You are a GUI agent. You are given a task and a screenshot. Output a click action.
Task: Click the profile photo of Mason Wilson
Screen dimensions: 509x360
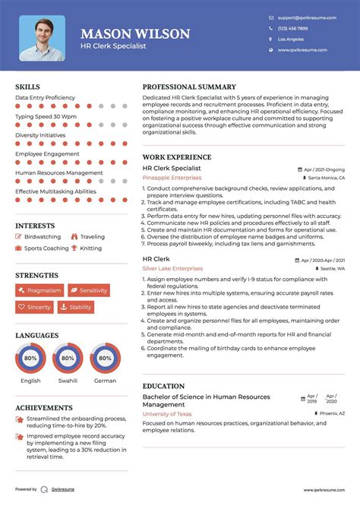coord(42,38)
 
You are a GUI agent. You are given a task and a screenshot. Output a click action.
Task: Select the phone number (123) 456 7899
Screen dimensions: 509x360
coord(293,27)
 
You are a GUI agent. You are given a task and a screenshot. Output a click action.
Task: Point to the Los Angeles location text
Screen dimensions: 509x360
coord(291,39)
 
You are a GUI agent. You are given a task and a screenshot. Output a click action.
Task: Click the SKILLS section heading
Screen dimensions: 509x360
coord(28,87)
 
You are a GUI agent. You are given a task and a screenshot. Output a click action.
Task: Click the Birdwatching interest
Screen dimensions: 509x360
coord(42,237)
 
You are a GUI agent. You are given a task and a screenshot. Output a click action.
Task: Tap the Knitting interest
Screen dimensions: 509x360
coord(90,248)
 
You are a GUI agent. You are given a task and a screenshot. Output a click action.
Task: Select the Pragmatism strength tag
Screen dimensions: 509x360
coord(39,290)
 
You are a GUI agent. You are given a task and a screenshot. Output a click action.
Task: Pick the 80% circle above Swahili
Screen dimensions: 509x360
coord(68,358)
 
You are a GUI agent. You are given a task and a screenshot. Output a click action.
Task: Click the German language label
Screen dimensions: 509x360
coord(106,381)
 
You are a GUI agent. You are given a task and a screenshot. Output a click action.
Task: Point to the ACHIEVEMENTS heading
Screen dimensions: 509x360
coord(39,408)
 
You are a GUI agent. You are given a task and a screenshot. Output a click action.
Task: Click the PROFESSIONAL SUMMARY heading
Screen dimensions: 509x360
coord(189,87)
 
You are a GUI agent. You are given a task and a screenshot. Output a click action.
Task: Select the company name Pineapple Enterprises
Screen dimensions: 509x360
coord(172,177)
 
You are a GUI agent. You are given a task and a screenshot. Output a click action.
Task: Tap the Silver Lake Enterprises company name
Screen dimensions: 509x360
coord(172,268)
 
